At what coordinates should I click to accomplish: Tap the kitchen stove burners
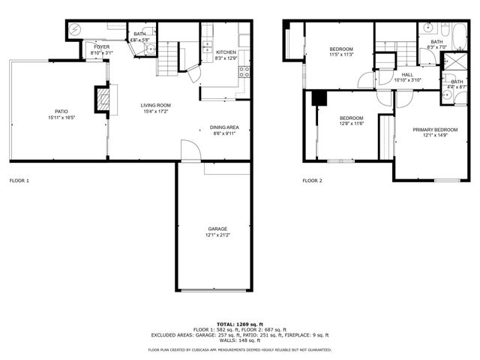coord(244,72)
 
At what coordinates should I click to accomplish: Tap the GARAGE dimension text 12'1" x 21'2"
coord(217,235)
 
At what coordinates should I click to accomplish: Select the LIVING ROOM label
coord(156,105)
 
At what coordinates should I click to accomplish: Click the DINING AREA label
coord(224,128)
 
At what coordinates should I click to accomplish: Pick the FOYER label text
coord(101,46)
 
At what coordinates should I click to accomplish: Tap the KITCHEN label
coord(226,52)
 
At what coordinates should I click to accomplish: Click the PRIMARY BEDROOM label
coord(435,129)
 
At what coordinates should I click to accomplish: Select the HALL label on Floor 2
coord(407,74)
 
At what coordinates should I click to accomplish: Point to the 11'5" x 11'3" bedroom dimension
coord(341,55)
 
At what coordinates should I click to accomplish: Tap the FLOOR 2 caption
coord(312,181)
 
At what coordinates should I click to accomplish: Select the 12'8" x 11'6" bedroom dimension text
coord(351,124)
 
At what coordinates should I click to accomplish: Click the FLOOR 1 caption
coord(19,181)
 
